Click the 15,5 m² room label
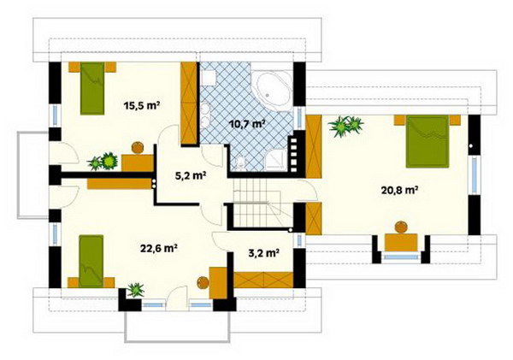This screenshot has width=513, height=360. (x=142, y=106)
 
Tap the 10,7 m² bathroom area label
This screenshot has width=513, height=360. (x=247, y=125)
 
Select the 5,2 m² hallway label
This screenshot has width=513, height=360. (x=191, y=176)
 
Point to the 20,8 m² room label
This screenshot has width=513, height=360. (x=400, y=190)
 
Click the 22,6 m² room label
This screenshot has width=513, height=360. (x=159, y=248)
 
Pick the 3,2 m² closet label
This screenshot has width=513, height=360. (x=263, y=253)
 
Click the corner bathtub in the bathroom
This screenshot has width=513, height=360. (x=271, y=91)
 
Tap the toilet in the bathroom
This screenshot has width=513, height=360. (x=240, y=162)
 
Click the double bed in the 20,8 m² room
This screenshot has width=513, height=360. (x=427, y=141)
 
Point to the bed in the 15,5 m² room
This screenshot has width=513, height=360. (x=92, y=88)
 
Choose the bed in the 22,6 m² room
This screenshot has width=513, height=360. (x=91, y=261)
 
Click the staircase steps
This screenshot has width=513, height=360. (x=258, y=203)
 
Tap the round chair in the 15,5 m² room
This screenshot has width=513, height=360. (x=138, y=148)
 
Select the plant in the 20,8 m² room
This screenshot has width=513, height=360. (x=346, y=126)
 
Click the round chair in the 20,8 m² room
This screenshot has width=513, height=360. (x=401, y=227)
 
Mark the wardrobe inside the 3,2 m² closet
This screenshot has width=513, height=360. (x=263, y=280)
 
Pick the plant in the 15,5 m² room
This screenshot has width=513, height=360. (x=103, y=162)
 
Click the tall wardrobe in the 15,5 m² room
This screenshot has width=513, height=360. (x=189, y=103)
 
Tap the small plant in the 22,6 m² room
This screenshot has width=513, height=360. (x=135, y=290)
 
